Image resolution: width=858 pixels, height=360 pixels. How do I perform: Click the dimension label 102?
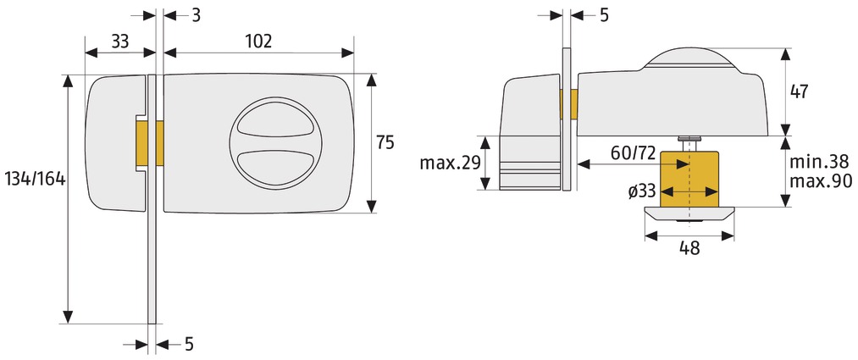coord(258,42)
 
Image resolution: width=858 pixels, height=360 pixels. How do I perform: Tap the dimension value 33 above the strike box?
coord(120,42)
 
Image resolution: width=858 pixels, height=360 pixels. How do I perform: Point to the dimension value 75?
coord(385,143)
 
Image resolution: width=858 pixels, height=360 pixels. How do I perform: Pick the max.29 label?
coord(451,163)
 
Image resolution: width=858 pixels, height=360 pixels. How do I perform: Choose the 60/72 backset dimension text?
coord(633,153)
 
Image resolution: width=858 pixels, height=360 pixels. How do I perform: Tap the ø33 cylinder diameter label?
coord(642,191)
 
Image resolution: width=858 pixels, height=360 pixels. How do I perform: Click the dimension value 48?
coord(689,248)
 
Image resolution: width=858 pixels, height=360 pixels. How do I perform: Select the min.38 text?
coord(821,162)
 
